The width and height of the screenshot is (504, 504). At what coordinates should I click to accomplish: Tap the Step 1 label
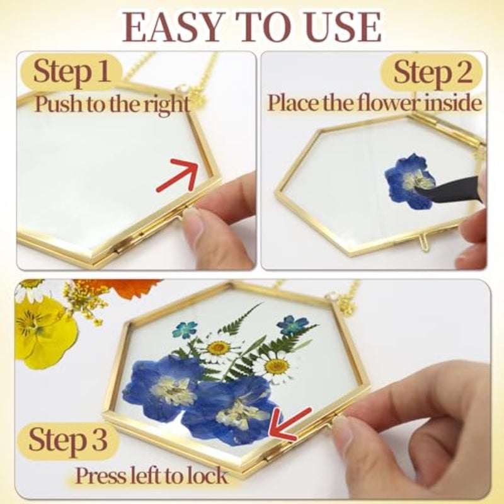[71, 71]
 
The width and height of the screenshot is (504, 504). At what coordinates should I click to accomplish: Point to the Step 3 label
[67, 438]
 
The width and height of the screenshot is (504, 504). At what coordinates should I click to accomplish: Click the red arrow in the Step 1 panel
[178, 175]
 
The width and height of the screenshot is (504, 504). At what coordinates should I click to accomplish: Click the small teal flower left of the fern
[185, 329]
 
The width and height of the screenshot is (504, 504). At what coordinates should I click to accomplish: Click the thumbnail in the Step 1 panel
[193, 222]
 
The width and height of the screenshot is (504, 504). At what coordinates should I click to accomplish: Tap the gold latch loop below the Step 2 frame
[425, 243]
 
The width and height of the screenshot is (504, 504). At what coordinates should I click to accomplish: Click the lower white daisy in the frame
[277, 367]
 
